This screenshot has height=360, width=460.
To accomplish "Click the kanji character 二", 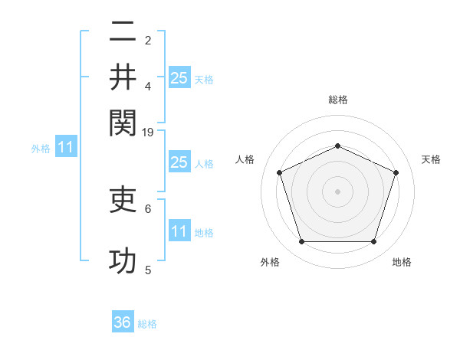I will pyautogui.click(x=123, y=33).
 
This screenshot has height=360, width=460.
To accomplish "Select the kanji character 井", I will pyautogui.click(x=123, y=77).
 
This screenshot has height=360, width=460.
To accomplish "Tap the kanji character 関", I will pyautogui.click(x=123, y=120).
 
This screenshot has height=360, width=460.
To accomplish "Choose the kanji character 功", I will pyautogui.click(x=123, y=261).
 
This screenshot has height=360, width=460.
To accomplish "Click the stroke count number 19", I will pyautogui.click(x=148, y=133).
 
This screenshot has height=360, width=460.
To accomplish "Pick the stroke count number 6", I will pyautogui.click(x=148, y=208).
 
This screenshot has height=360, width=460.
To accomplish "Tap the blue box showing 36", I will pyautogui.click(x=123, y=322).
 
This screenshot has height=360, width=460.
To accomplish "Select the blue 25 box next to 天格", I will pyautogui.click(x=179, y=77).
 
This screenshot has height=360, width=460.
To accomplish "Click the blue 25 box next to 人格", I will pyautogui.click(x=179, y=162).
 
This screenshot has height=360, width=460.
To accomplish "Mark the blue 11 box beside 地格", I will pyautogui.click(x=179, y=231).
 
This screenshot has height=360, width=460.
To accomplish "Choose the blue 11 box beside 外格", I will pyautogui.click(x=65, y=148).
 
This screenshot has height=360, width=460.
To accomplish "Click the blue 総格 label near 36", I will pyautogui.click(x=147, y=324).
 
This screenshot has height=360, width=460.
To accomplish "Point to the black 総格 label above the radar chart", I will pyautogui.click(x=337, y=100).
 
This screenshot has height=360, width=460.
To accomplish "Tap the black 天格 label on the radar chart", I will pyautogui.click(x=432, y=159).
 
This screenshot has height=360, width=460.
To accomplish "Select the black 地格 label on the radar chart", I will pyautogui.click(x=402, y=262).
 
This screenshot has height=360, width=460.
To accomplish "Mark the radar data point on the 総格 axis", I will pyautogui.click(x=337, y=146).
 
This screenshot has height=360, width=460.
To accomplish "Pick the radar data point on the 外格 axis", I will pyautogui.click(x=301, y=242).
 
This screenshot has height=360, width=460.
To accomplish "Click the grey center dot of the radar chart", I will pyautogui.click(x=337, y=191).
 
